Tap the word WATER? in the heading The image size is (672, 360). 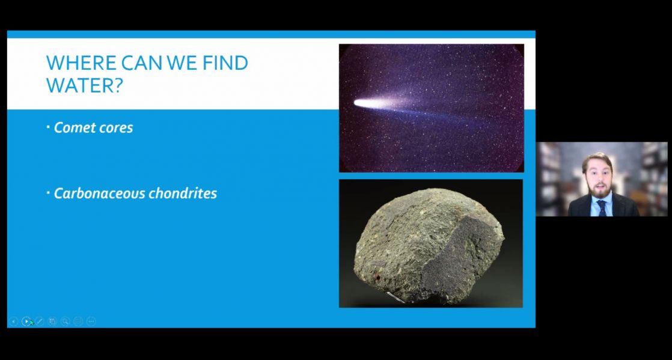coord(84,85)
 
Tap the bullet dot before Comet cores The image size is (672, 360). coord(48,126)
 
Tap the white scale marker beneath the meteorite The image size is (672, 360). coord(396,297)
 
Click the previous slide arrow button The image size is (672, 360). coord(13,321)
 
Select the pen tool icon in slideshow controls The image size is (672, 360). coord(40,321)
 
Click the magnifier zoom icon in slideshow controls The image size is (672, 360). coord(65,321)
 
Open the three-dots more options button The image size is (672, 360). coord(91,321)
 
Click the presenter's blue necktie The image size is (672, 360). coord(602,208)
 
